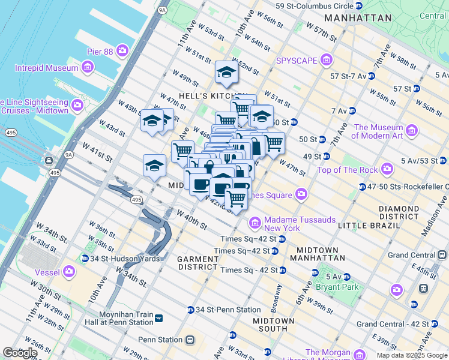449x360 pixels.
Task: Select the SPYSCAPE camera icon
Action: [x=327, y=60]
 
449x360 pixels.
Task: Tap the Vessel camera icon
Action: [x=69, y=271]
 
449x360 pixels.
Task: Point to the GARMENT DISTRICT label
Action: [x=197, y=263]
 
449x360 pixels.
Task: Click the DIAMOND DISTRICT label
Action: [x=399, y=212]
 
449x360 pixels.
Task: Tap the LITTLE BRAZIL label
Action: [x=369, y=225]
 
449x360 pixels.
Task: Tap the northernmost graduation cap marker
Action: [x=226, y=72]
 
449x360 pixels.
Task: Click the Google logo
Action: [x=20, y=353]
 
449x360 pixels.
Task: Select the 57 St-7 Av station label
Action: [x=348, y=76]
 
